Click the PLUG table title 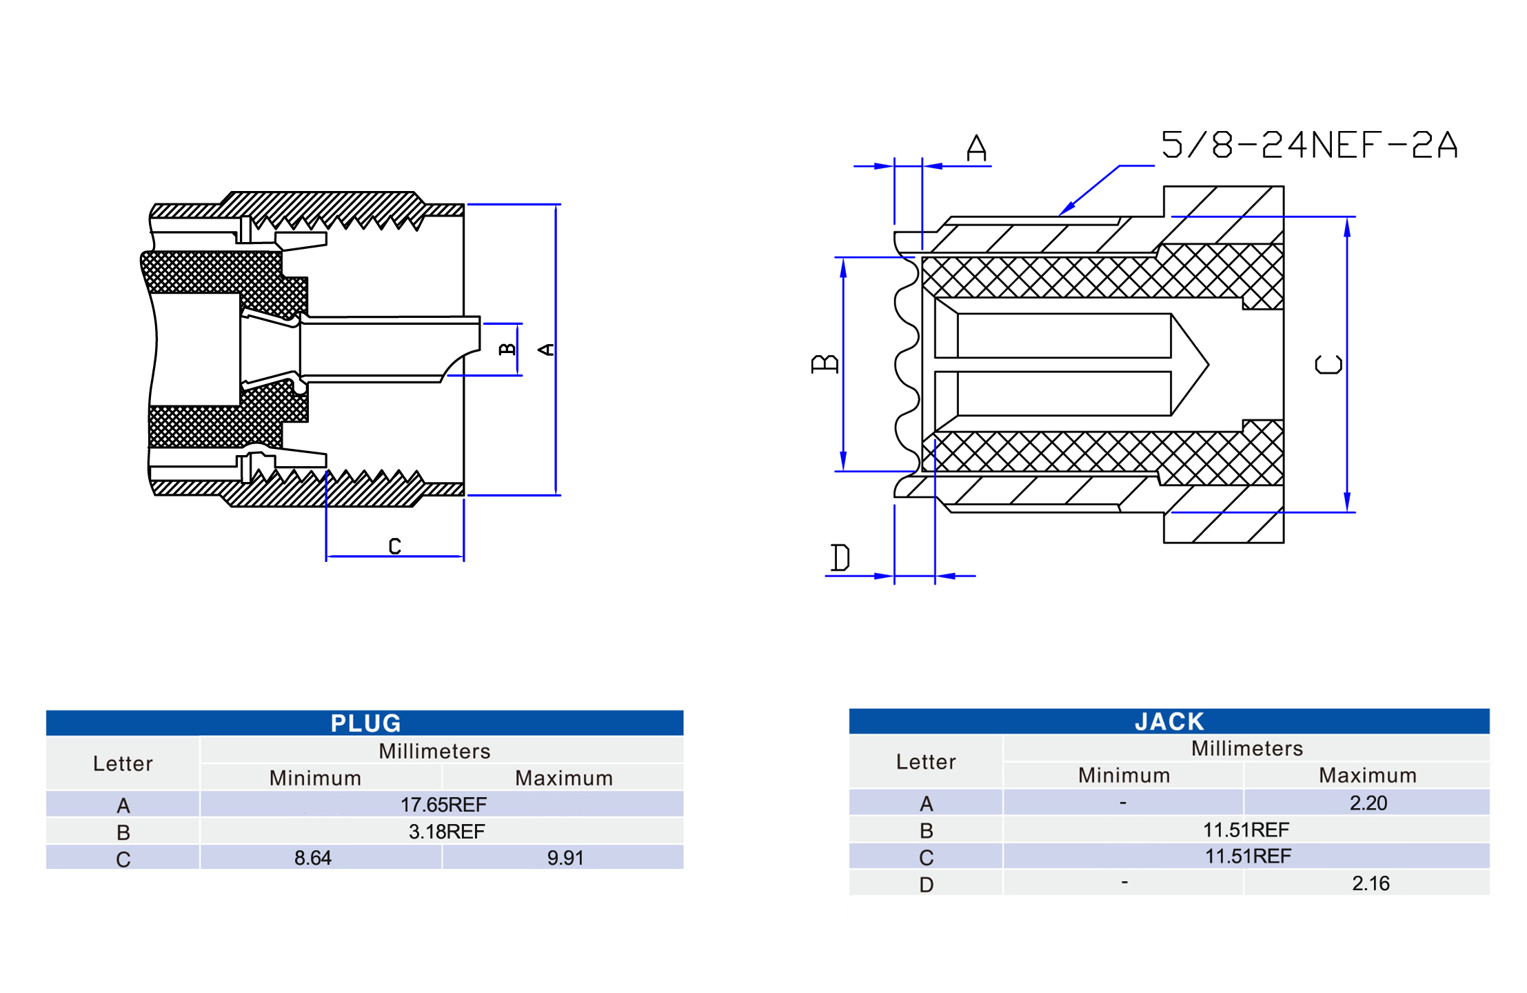[x=365, y=723]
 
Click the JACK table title [x=1169, y=721]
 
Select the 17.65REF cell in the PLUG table [x=443, y=804]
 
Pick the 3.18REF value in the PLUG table [x=446, y=831]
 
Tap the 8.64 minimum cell [x=312, y=858]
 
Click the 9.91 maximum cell [x=565, y=858]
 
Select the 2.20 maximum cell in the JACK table [x=1368, y=803]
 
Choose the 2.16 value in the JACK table [x=1370, y=883]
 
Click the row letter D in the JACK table [x=926, y=884]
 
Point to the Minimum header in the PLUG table [x=315, y=778]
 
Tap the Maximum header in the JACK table [x=1367, y=775]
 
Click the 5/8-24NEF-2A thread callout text [x=1308, y=145]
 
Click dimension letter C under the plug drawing [x=394, y=546]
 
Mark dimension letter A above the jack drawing [x=976, y=148]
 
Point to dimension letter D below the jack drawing [x=840, y=557]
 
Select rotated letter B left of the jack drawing [x=825, y=363]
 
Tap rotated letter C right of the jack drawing [x=1328, y=364]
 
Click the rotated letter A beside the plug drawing [x=546, y=350]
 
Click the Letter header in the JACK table [x=925, y=761]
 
